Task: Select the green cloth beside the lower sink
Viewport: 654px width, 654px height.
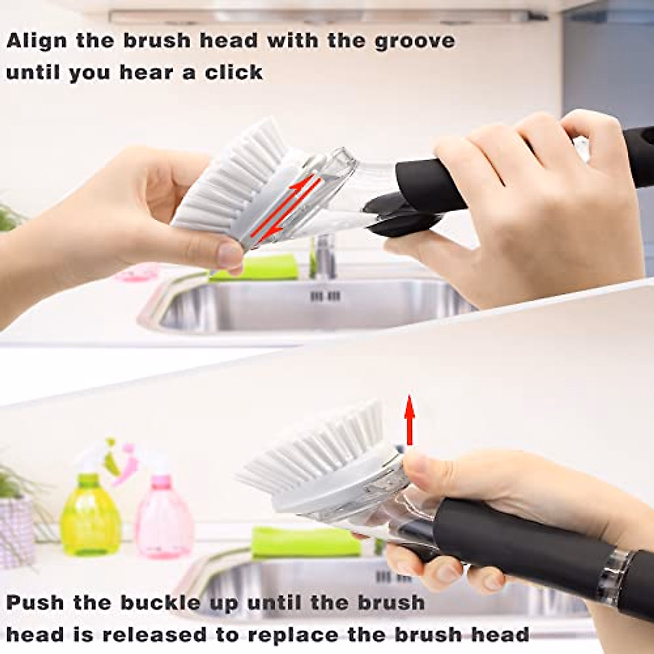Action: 305,542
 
